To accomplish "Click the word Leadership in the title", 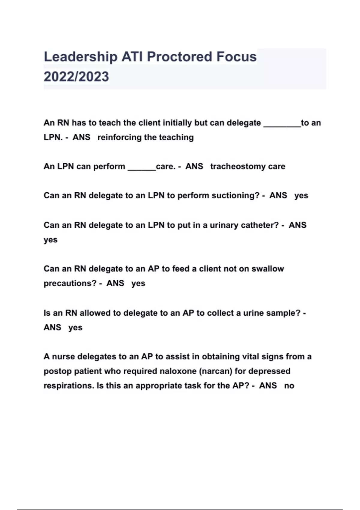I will (x=80, y=57).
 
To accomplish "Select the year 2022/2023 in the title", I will (x=76, y=76).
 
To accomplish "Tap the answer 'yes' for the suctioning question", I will (x=301, y=196).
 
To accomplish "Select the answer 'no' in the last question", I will (x=289, y=386).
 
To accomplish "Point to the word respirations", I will (x=69, y=386).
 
